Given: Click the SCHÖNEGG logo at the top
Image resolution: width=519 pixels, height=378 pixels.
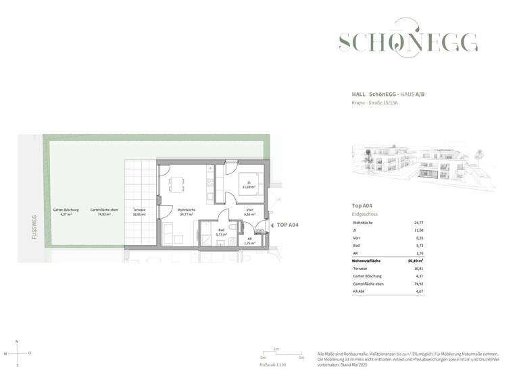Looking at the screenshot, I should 407,43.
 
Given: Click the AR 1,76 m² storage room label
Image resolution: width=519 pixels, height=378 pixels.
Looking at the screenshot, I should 249,240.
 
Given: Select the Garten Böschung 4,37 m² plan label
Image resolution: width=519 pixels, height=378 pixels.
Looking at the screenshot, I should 66,212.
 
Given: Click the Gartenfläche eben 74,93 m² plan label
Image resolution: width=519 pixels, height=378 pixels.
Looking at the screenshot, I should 104,212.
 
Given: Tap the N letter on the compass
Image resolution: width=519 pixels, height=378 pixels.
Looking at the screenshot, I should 18,342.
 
